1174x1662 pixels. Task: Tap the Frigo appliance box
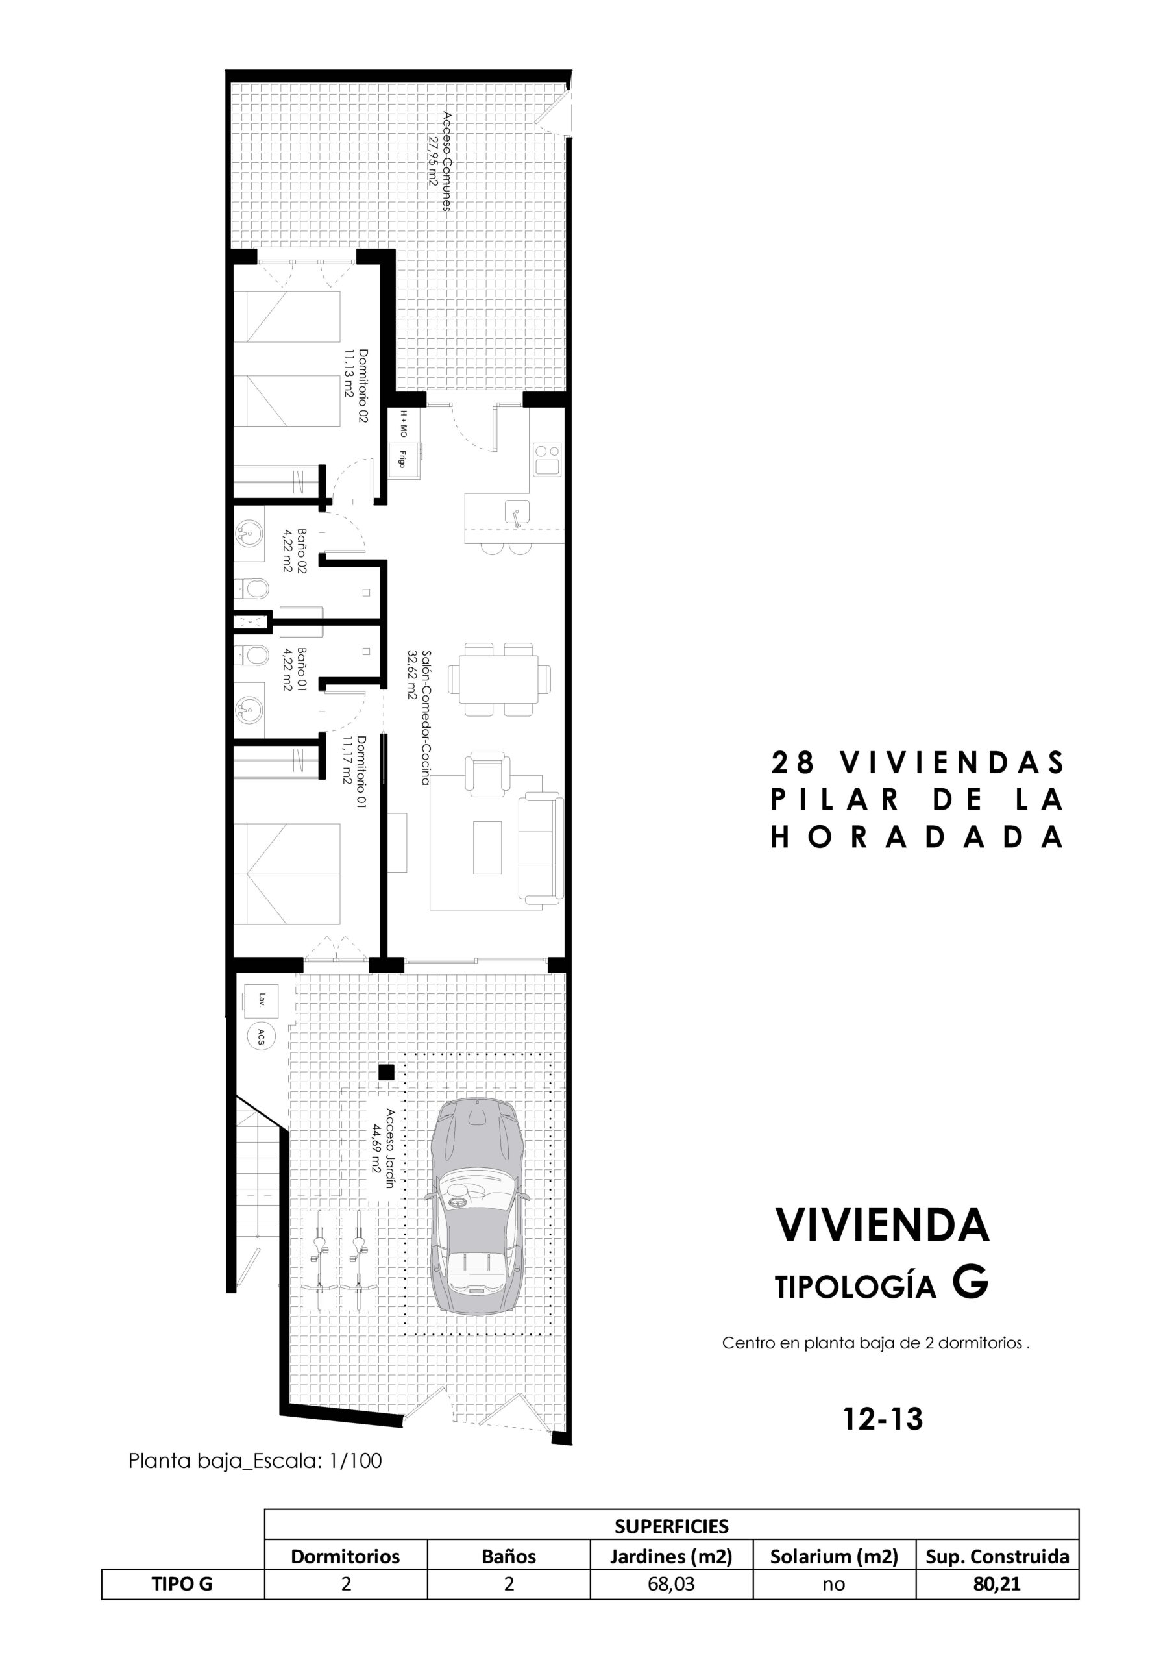pos(402,459)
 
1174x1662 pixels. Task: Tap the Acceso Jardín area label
pos(382,1150)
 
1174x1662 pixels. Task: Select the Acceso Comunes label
pos(440,161)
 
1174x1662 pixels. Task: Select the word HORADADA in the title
pos(917,837)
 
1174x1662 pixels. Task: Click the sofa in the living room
pos(541,849)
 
